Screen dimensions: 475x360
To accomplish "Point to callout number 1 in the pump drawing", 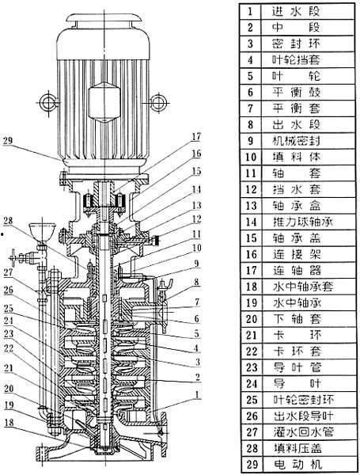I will (196, 393).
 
